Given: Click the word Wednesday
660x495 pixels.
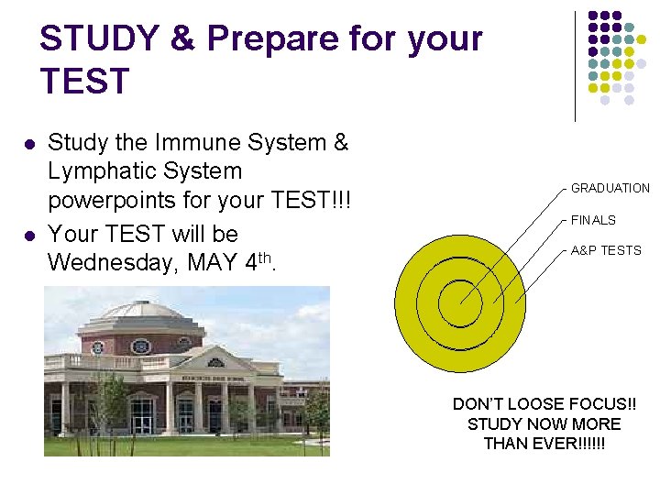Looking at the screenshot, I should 112,263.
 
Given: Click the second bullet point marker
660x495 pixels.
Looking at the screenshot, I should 29,235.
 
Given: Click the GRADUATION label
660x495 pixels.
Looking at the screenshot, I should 610,189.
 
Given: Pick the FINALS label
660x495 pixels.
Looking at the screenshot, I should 593,221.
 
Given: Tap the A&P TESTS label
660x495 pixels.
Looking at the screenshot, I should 606,251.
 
